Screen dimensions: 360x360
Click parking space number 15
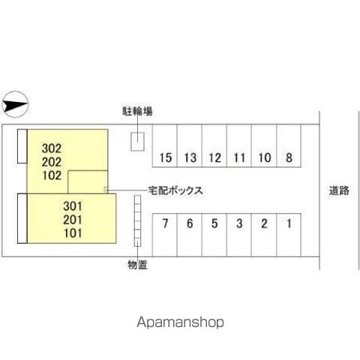pos(165,146)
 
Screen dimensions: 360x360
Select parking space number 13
pos(189,146)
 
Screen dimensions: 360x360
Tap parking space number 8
pos(289,146)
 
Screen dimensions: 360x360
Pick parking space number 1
pos(289,235)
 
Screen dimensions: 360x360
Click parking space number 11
pos(239,146)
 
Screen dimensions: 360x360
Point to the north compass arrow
pos(15,104)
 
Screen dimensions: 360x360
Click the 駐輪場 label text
pos(137,111)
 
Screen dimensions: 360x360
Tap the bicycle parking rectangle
pos(137,142)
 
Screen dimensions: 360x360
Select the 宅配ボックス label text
pos(175,190)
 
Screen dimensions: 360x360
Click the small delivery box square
pos(106,190)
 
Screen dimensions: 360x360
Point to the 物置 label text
pos(137,265)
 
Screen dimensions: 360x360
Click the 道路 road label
pos(339,190)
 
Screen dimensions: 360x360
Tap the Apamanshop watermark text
pos(180,322)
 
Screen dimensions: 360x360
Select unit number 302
pos(52,148)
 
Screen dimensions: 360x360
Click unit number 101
pos(73,233)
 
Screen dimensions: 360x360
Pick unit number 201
pos(73,220)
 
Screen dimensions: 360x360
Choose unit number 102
pos(52,175)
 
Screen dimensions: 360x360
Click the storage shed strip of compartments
pos(137,220)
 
